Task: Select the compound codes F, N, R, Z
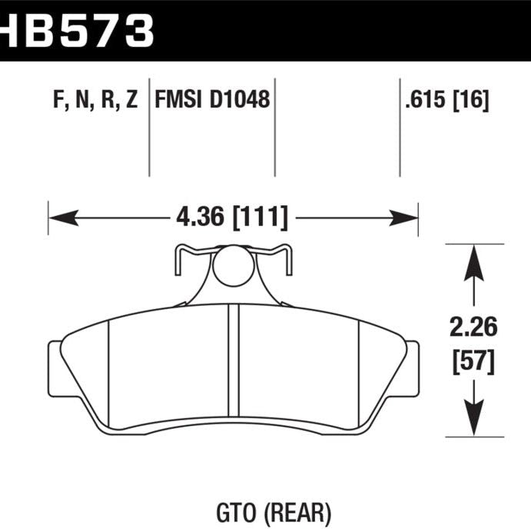point(96,100)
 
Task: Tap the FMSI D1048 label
point(213,100)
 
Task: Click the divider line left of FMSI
point(148,127)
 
